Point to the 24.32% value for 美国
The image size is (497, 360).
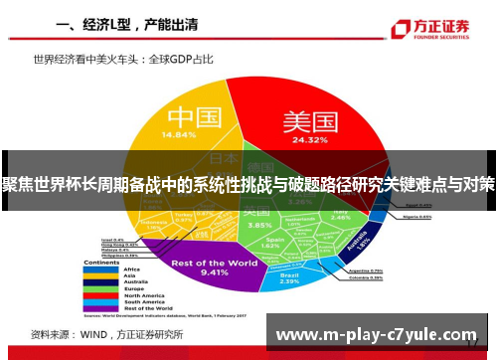(310, 140)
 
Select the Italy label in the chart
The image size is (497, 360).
(341, 212)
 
